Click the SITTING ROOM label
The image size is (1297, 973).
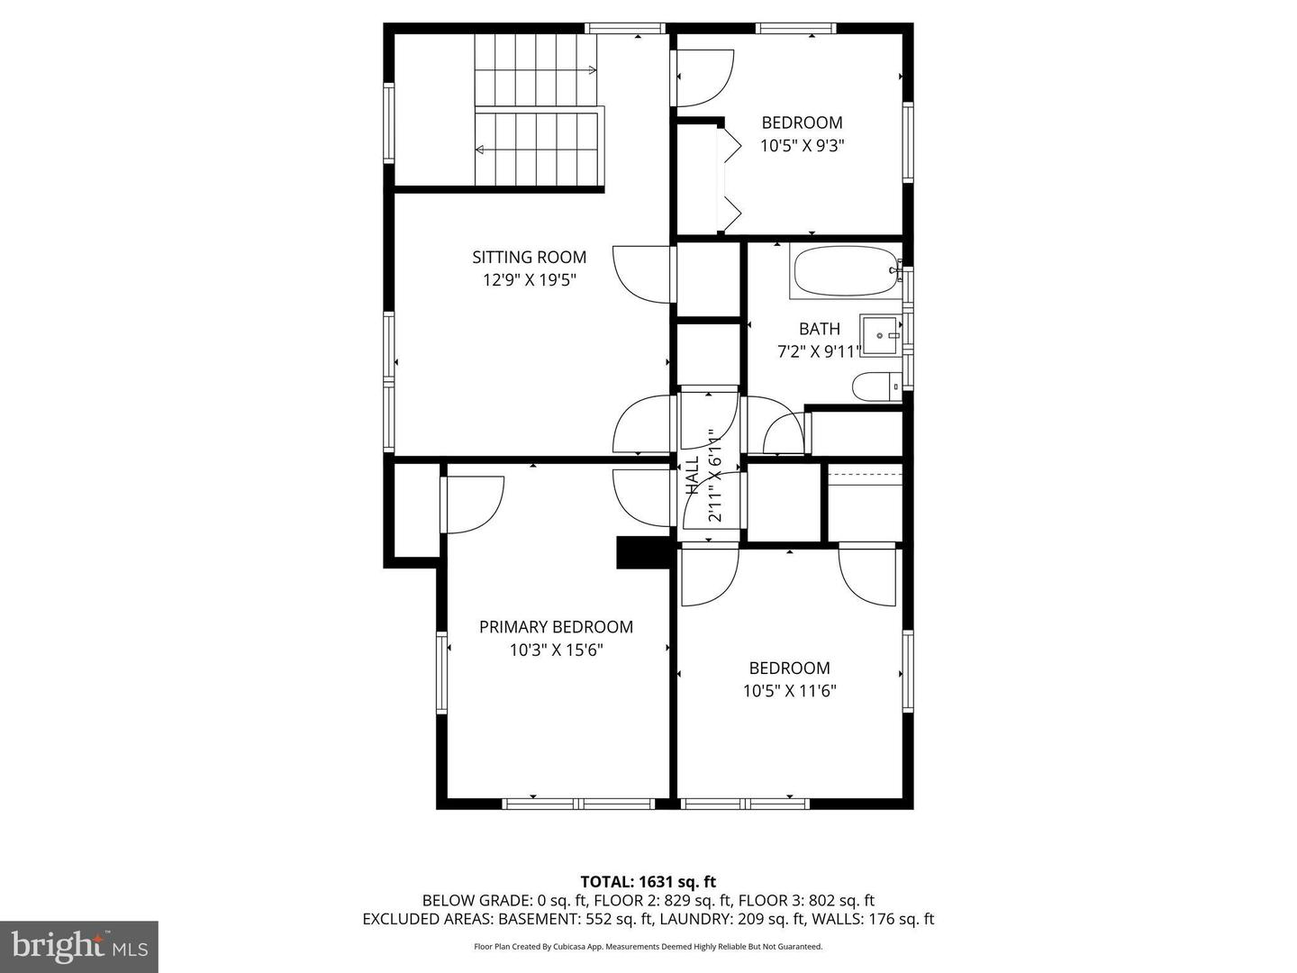point(529,257)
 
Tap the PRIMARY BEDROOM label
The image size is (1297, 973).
point(556,627)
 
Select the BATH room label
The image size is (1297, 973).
point(819,329)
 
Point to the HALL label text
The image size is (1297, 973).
point(693,475)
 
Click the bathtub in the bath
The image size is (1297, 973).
point(846,272)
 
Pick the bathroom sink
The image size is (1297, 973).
point(880,335)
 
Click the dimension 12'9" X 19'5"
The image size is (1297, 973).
point(530,280)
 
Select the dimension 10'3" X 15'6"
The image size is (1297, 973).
point(556,650)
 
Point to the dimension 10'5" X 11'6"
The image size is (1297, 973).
point(789,691)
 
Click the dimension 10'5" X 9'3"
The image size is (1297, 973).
point(802,146)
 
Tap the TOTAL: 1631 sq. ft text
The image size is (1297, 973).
point(648,882)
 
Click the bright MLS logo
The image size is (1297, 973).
point(79,946)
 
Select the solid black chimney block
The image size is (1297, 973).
point(642,553)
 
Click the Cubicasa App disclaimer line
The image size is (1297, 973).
point(648,946)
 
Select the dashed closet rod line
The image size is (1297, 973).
point(865,475)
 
